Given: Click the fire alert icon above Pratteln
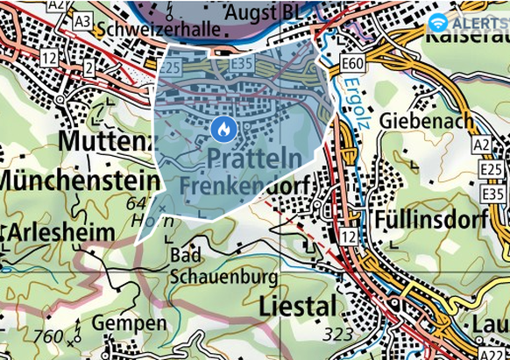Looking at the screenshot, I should coord(223,130).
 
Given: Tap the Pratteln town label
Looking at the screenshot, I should coord(255,159).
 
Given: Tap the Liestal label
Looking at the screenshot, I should coord(298,307).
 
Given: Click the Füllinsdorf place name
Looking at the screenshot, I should coord(427,219).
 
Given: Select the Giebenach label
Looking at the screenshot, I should coord(427,121).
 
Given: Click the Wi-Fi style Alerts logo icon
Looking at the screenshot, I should coord(438,22).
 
